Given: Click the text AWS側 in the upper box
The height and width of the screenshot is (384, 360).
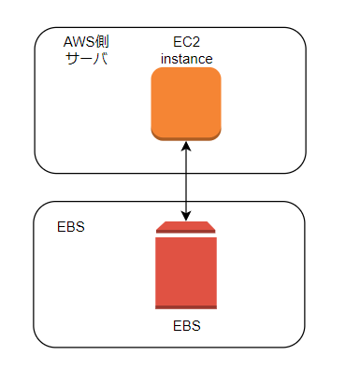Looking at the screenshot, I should click(x=86, y=43).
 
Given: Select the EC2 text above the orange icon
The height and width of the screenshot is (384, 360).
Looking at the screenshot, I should click(x=186, y=43).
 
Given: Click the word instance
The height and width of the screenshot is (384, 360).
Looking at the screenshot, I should click(x=186, y=59).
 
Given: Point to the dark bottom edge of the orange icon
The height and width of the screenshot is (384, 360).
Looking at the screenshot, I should click(x=186, y=137).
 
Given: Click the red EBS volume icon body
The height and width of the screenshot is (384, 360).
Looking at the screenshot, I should click(x=186, y=271).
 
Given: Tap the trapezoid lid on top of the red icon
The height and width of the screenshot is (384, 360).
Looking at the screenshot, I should click(x=186, y=227).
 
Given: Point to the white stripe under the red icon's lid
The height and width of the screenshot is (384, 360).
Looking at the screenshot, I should click(x=186, y=235).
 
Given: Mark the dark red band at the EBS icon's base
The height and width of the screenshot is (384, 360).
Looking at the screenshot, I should click(x=186, y=306).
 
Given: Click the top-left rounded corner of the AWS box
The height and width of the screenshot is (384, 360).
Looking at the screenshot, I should click(x=39, y=33).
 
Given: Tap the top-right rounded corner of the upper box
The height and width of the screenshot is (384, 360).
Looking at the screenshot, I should click(x=301, y=33).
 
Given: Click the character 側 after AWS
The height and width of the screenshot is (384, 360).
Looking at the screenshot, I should click(x=103, y=43).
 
